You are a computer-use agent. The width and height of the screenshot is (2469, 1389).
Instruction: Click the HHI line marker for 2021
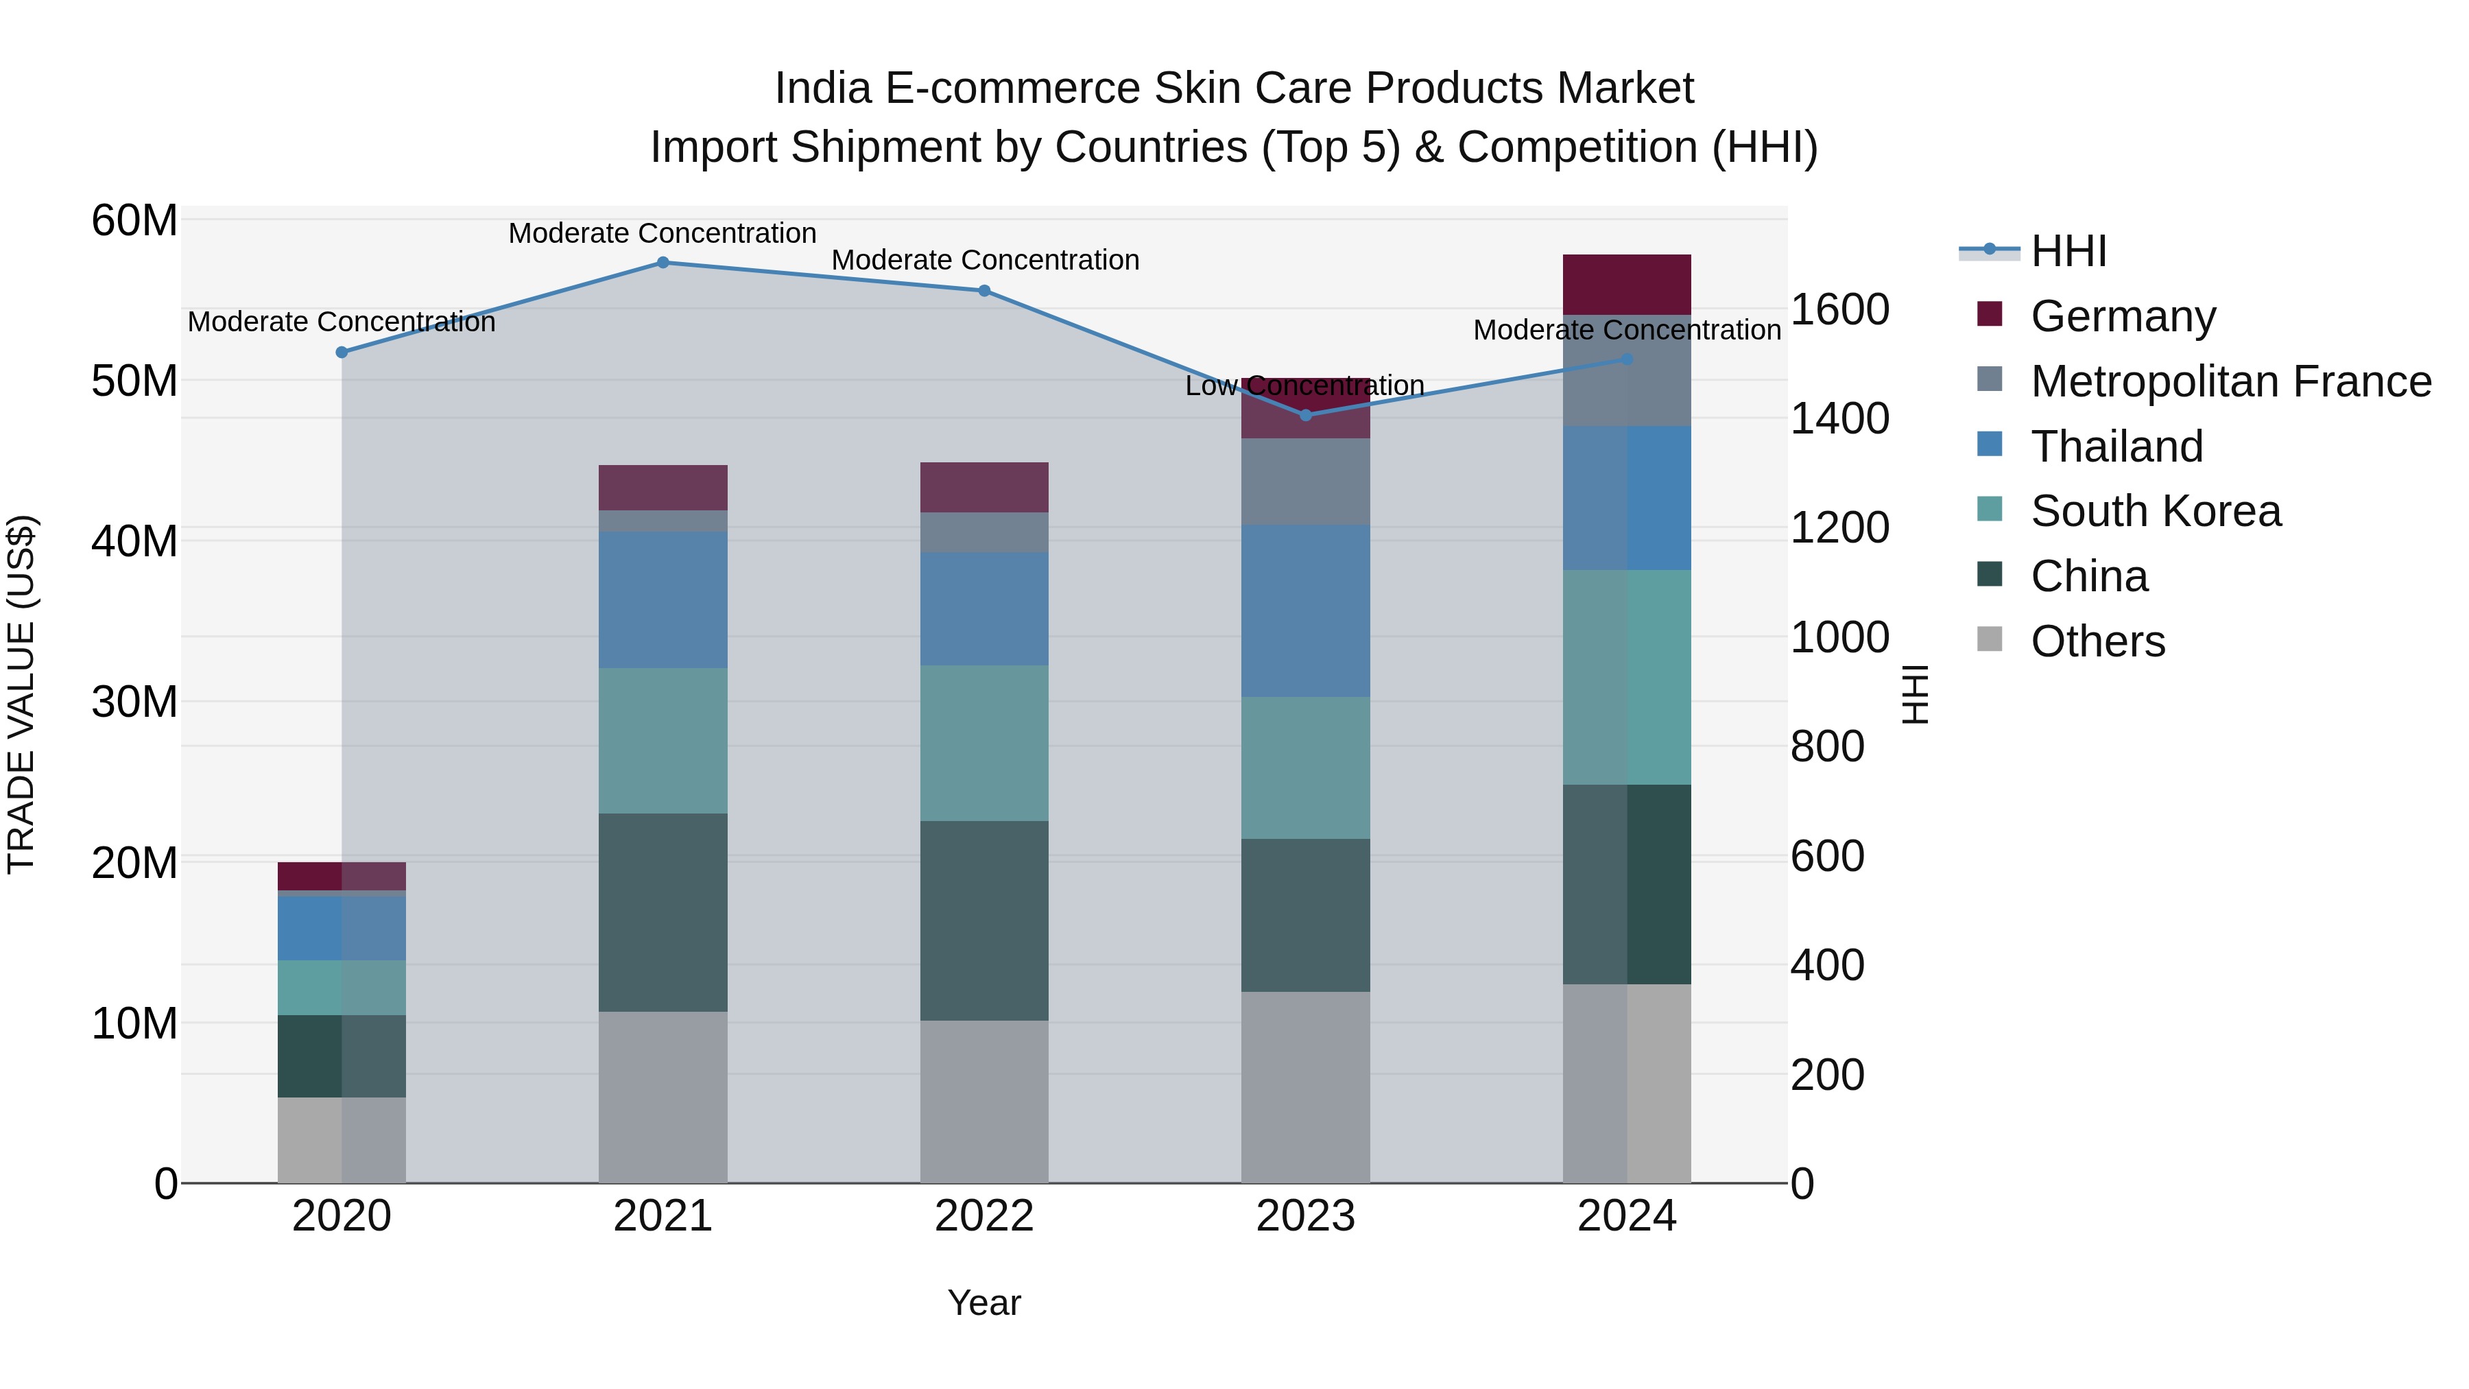pos(663,263)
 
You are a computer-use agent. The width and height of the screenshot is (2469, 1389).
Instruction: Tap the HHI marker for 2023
pos(1305,415)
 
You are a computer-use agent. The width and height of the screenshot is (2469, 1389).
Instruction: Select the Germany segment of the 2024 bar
pos(1627,285)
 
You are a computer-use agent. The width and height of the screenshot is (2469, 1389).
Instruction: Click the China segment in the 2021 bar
pos(663,912)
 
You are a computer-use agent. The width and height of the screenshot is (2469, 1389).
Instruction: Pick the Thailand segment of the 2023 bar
pos(1305,610)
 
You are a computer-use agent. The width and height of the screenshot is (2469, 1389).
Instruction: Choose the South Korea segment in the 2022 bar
pos(983,743)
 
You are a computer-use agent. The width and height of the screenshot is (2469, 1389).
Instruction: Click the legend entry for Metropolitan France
pos(2230,381)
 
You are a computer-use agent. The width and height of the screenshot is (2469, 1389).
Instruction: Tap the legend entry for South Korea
pos(2155,511)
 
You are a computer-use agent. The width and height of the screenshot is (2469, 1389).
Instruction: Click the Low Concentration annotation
pos(1304,386)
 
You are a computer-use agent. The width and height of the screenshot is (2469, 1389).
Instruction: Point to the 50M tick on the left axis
pos(134,381)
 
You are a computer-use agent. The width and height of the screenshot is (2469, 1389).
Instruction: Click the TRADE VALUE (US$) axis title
pos(21,694)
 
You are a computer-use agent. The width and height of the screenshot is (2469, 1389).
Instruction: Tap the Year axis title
pos(983,1303)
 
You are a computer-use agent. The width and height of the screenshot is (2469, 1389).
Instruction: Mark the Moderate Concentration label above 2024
pos(1627,330)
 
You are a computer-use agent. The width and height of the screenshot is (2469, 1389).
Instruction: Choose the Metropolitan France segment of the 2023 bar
pos(1305,482)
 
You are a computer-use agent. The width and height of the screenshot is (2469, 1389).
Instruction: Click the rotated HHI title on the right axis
pos(1914,694)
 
